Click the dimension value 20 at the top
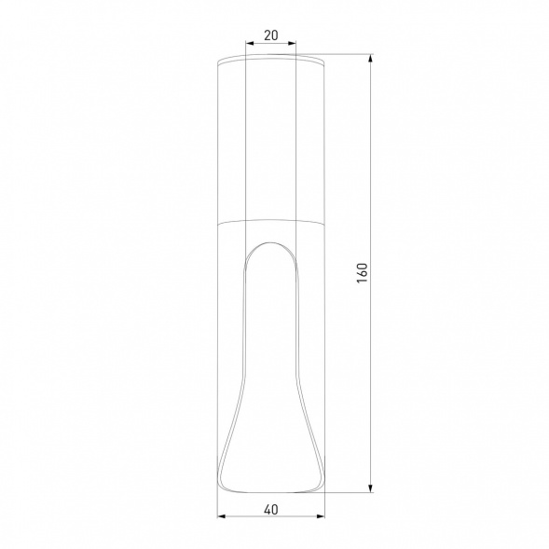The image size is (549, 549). pos(270,35)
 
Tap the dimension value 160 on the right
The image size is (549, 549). pos(363,273)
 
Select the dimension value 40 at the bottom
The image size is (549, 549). pos(270,509)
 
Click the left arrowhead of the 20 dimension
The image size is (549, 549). pos(247,44)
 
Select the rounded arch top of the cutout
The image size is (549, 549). pos(270,241)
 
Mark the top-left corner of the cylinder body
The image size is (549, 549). pos(217,64)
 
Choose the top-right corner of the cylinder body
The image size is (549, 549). pos(323,64)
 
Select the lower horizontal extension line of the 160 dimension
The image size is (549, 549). pos(350,491)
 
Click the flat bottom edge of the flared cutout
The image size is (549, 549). pos(270,490)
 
